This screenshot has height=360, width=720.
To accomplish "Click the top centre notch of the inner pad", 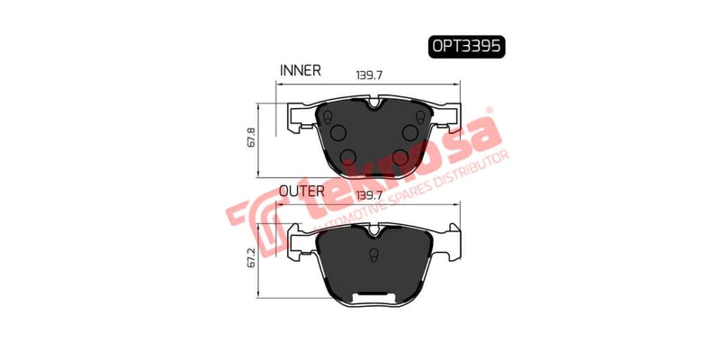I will pyautogui.click(x=374, y=106).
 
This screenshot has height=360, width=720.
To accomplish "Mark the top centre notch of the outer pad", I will pyautogui.click(x=374, y=229).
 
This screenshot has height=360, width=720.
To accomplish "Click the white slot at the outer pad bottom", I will pyautogui.click(x=374, y=296).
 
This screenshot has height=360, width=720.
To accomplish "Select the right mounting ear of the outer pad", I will pyautogui.click(x=449, y=240).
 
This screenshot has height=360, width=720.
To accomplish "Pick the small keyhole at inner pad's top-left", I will pyautogui.click(x=328, y=118).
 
